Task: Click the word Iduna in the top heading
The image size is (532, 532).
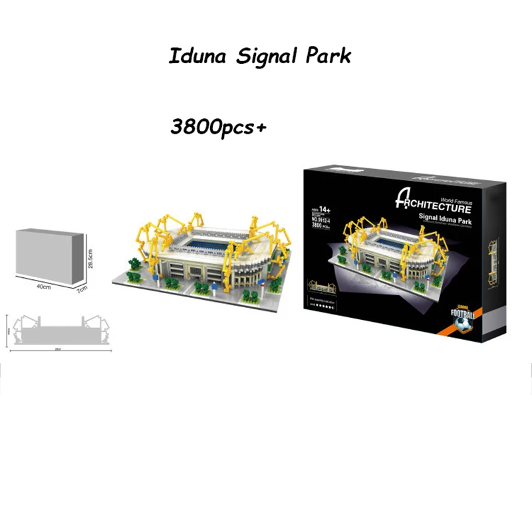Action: (x=194, y=56)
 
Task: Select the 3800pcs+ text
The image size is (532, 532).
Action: (x=217, y=126)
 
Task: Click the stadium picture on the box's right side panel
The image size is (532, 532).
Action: (x=493, y=263)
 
